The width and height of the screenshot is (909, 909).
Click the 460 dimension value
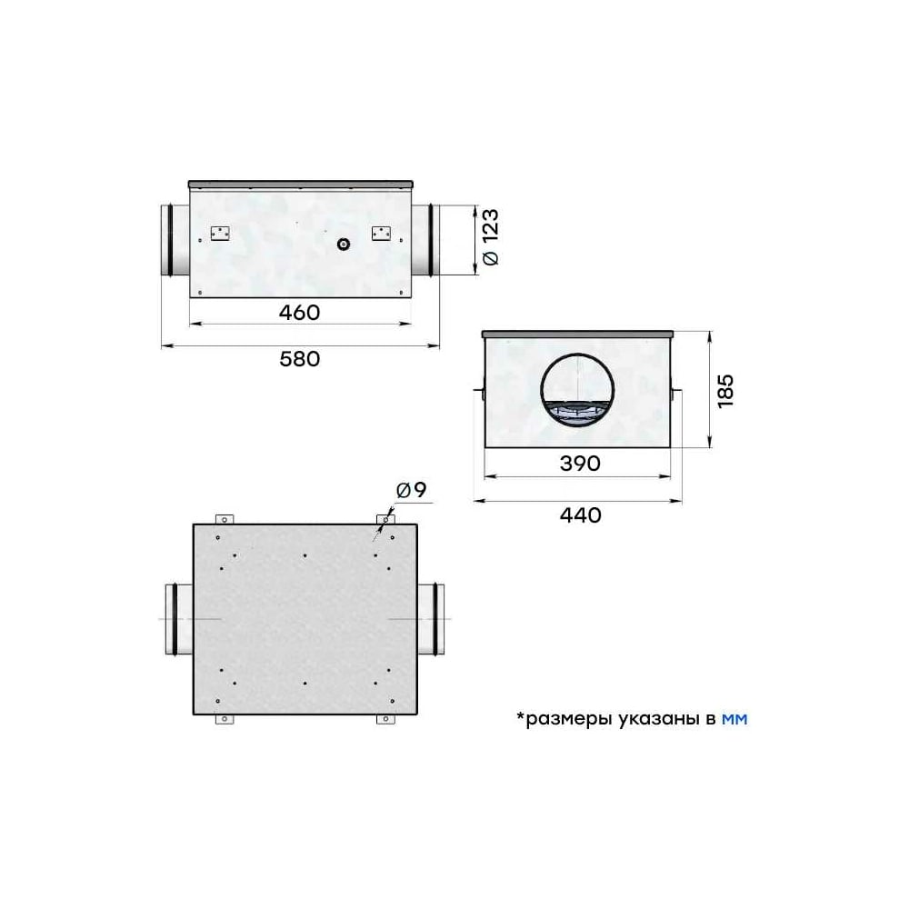299,313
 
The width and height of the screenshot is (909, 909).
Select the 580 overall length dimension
299,359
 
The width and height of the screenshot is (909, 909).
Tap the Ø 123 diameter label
490,236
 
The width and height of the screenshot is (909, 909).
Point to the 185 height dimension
725,391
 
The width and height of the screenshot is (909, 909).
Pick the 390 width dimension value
580,464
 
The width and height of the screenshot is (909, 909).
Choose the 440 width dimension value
580,514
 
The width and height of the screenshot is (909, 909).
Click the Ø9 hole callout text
411,490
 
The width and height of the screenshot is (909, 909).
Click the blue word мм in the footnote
734,719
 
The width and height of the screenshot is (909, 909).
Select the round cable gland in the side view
344,244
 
